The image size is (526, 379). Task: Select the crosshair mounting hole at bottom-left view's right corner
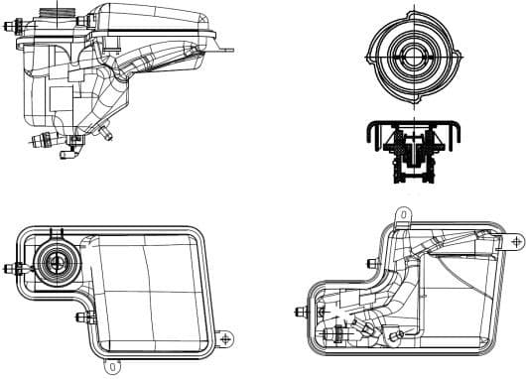pos(227,338)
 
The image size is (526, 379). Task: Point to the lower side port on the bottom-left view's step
pos(81,317)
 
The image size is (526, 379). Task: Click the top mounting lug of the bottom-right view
pos(403,213)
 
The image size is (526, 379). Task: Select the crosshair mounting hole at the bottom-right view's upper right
pos(515,240)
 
